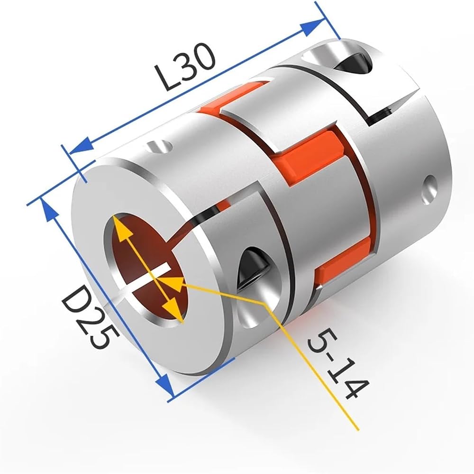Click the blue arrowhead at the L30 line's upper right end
(312, 27)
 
